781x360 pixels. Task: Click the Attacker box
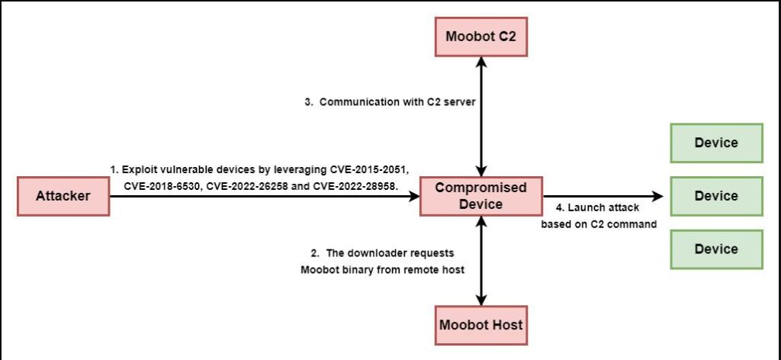point(63,196)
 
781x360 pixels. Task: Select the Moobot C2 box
point(480,37)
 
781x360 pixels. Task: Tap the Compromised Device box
point(481,196)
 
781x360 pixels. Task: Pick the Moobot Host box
point(480,325)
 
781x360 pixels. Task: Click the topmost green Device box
point(716,143)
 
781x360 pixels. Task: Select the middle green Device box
point(716,196)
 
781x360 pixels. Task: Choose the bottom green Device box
point(716,249)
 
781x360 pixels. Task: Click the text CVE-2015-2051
point(370,170)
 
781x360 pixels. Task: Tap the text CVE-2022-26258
point(245,186)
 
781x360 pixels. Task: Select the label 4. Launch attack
point(596,207)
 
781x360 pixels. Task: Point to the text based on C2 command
point(599,224)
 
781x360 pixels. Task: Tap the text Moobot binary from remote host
point(383,270)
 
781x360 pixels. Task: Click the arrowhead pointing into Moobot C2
point(481,62)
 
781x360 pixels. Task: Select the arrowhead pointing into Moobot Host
point(481,300)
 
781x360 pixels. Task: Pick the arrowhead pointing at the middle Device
point(657,196)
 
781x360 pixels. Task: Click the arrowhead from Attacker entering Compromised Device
point(414,196)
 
